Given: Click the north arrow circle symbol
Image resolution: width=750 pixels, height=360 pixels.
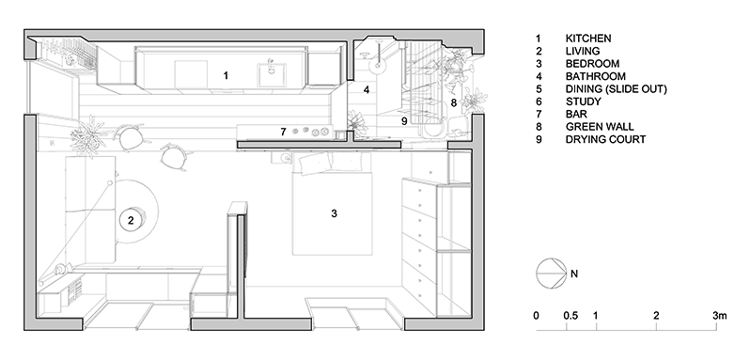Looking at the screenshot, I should click(x=548, y=274).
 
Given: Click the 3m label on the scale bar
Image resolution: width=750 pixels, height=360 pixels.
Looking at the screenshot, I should click(x=720, y=315).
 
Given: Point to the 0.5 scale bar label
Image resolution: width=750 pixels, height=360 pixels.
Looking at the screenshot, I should click(x=570, y=315).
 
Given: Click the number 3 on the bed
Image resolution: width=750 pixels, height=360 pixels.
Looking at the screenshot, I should click(x=334, y=214).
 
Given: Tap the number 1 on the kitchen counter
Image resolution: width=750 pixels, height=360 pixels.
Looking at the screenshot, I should click(x=226, y=72).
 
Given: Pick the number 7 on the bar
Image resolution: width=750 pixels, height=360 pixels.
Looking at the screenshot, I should click(x=281, y=131).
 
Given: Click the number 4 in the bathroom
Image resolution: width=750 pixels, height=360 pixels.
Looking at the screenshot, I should click(x=367, y=90).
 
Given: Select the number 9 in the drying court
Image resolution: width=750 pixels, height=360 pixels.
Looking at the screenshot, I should click(x=404, y=120).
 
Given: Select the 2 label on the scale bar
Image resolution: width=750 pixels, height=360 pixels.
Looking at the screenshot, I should click(x=656, y=315).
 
